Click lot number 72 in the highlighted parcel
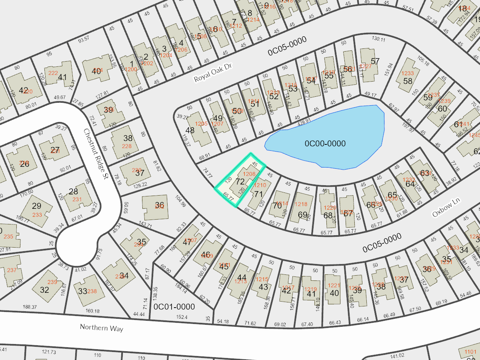coord(240,182)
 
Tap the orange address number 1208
coord(250,174)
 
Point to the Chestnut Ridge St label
coord(99,156)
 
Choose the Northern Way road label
coord(101,328)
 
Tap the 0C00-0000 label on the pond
coord(325,144)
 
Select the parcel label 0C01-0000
coord(174,307)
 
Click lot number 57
coord(375,61)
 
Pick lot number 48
coord(190,130)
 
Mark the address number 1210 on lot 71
coord(260,185)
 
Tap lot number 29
coord(36,206)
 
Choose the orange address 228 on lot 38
coord(126,146)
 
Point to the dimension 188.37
coord(30,307)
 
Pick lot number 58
coord(408,81)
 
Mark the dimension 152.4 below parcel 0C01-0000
coord(181,317)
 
